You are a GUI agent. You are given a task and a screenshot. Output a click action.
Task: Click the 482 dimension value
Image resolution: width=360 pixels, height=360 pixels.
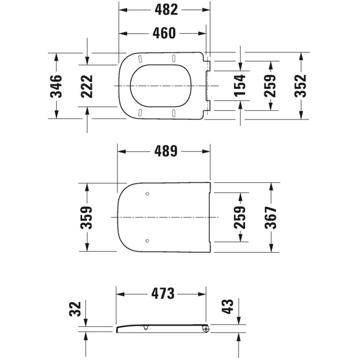tap(166, 10)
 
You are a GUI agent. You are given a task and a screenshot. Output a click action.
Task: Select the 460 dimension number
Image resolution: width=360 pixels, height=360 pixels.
tap(164, 33)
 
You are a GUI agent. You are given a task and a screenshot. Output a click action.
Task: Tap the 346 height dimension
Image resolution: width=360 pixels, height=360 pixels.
tap(56, 86)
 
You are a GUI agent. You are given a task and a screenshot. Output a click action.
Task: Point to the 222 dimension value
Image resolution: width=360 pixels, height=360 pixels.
tap(87, 86)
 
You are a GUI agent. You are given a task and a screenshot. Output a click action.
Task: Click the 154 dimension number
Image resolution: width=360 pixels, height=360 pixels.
tap(240, 85)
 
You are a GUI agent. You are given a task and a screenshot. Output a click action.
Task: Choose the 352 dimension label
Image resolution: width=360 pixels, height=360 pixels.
tap(301, 86)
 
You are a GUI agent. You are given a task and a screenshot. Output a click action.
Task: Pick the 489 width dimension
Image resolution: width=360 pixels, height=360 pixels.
tap(166, 151)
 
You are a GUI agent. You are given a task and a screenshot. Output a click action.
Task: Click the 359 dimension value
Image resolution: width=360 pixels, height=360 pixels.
tap(86, 217)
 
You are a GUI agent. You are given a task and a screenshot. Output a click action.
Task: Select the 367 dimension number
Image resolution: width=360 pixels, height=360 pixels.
tap(270, 217)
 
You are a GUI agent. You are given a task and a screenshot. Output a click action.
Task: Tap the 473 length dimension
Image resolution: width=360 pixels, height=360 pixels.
tap(163, 294)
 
